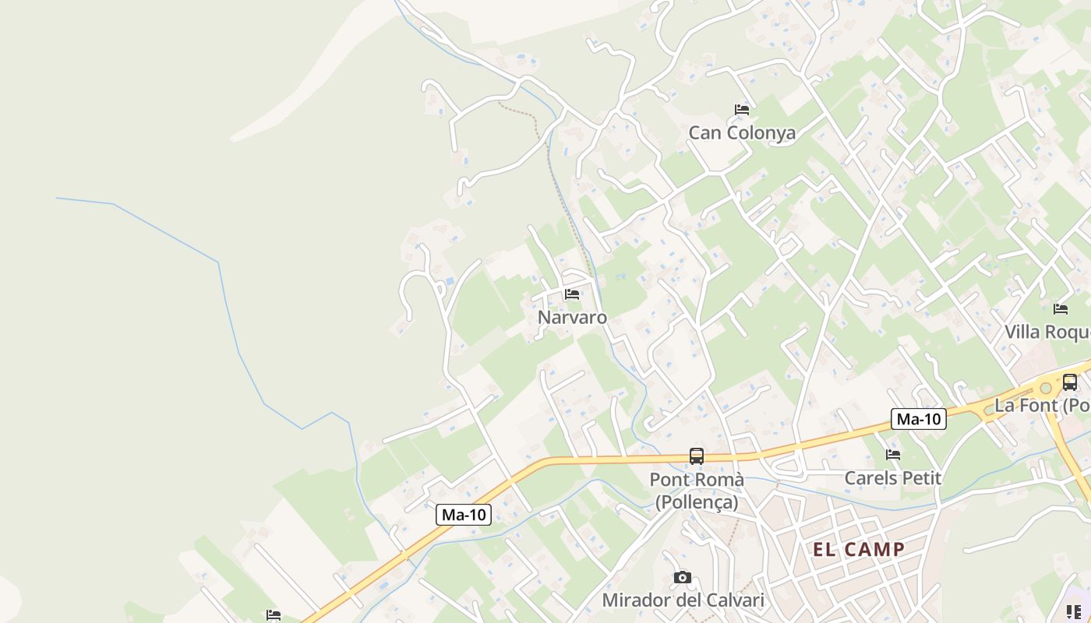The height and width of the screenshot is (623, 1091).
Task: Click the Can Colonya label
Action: pos(742,133)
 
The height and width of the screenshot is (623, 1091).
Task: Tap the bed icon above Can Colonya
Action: pos(742,110)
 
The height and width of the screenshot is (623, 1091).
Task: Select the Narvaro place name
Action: pos(572,318)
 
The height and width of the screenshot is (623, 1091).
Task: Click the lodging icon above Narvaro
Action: pos(572,294)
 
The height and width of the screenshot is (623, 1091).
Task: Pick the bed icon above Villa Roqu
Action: pos(1061,309)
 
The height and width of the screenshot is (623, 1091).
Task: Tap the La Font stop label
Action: pos(1042,406)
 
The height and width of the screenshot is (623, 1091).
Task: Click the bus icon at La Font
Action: pos(1070,382)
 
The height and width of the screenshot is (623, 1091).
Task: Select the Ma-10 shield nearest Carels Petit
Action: pos(919,420)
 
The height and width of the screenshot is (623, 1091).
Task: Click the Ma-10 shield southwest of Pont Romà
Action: pos(464,515)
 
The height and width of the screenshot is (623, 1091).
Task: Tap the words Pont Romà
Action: pos(697,480)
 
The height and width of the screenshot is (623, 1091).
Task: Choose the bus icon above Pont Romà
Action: pos(697,456)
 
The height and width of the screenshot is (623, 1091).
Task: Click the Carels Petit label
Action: pos(893,478)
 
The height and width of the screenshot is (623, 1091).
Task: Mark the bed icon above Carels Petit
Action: pos(893,455)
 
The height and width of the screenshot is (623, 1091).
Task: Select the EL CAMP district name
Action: pos(859,550)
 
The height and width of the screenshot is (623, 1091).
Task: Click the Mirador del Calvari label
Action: pos(683,600)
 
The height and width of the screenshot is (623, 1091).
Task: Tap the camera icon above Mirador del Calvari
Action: pos(683,577)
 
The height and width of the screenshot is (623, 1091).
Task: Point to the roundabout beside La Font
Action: pos(1046,388)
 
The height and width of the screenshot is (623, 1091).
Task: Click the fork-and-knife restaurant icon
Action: pos(1074,612)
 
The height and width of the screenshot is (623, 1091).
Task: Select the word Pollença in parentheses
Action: pos(697,502)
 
